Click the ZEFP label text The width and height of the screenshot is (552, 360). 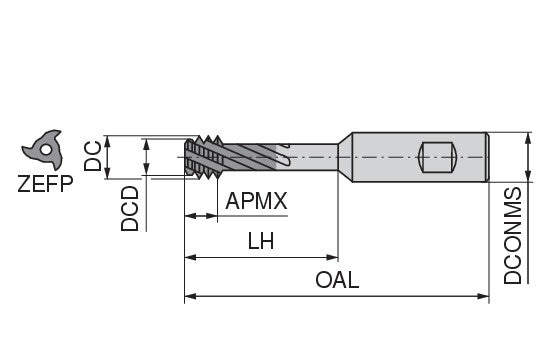(x=45, y=183)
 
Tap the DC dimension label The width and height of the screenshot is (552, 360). (x=93, y=156)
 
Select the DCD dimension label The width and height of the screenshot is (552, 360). (x=130, y=209)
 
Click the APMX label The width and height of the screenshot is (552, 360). (x=256, y=201)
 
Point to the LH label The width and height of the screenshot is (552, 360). (x=261, y=241)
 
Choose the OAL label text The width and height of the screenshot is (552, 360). (x=337, y=280)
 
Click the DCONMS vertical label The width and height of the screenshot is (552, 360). (x=513, y=235)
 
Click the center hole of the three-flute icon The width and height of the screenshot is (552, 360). (x=45, y=150)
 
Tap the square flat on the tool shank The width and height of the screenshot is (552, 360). (x=437, y=157)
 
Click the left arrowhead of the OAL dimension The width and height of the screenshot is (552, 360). (x=190, y=296)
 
